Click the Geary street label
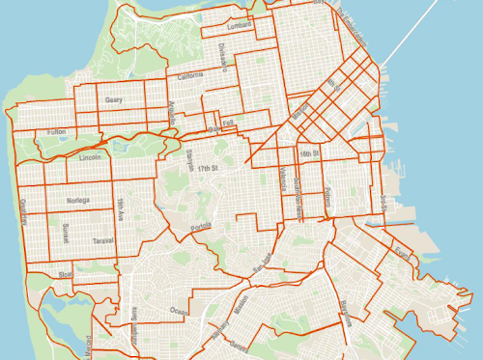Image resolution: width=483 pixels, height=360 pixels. [x=115, y=98]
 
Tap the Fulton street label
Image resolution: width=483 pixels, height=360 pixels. [x=55, y=131]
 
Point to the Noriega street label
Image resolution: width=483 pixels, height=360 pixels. [x=77, y=201]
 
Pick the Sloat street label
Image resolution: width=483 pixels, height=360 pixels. [x=65, y=274]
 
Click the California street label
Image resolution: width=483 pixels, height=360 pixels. [x=189, y=75]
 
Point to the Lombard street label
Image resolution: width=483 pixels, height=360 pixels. [x=240, y=25]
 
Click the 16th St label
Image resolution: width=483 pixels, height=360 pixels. [x=308, y=153]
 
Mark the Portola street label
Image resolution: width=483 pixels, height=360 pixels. [x=200, y=227]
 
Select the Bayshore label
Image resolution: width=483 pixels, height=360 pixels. [x=345, y=313]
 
